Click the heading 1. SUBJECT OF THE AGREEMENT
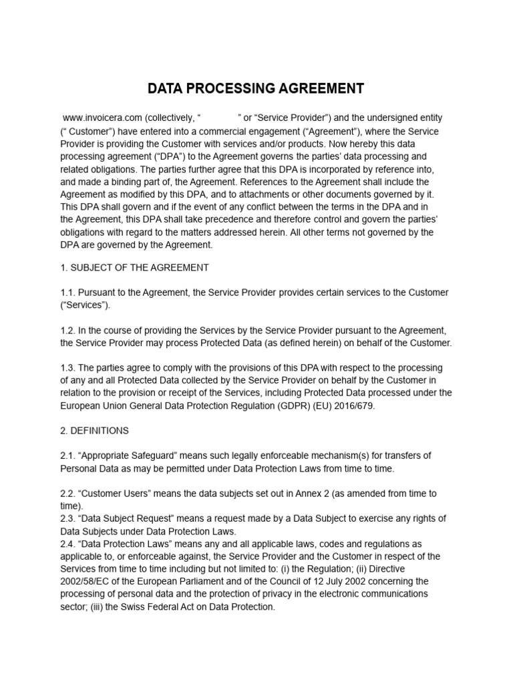(x=134, y=268)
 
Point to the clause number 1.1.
(x=67, y=293)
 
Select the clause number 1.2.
(x=67, y=331)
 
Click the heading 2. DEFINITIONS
(x=94, y=431)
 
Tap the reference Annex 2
(x=298, y=494)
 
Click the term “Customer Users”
(x=116, y=494)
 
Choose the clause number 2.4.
(x=67, y=544)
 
